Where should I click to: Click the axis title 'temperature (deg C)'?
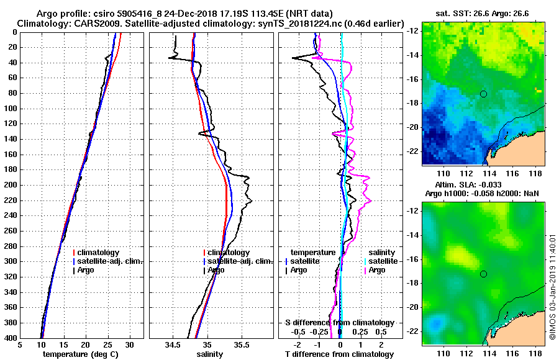[x=82, y=354]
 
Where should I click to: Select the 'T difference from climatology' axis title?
[x=339, y=354]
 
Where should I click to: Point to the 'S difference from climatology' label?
[x=339, y=323]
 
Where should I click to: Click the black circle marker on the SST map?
[x=483, y=94]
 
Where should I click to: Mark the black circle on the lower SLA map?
[x=483, y=274]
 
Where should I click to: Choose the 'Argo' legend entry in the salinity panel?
[x=215, y=270]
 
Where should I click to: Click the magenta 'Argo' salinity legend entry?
[x=376, y=270]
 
